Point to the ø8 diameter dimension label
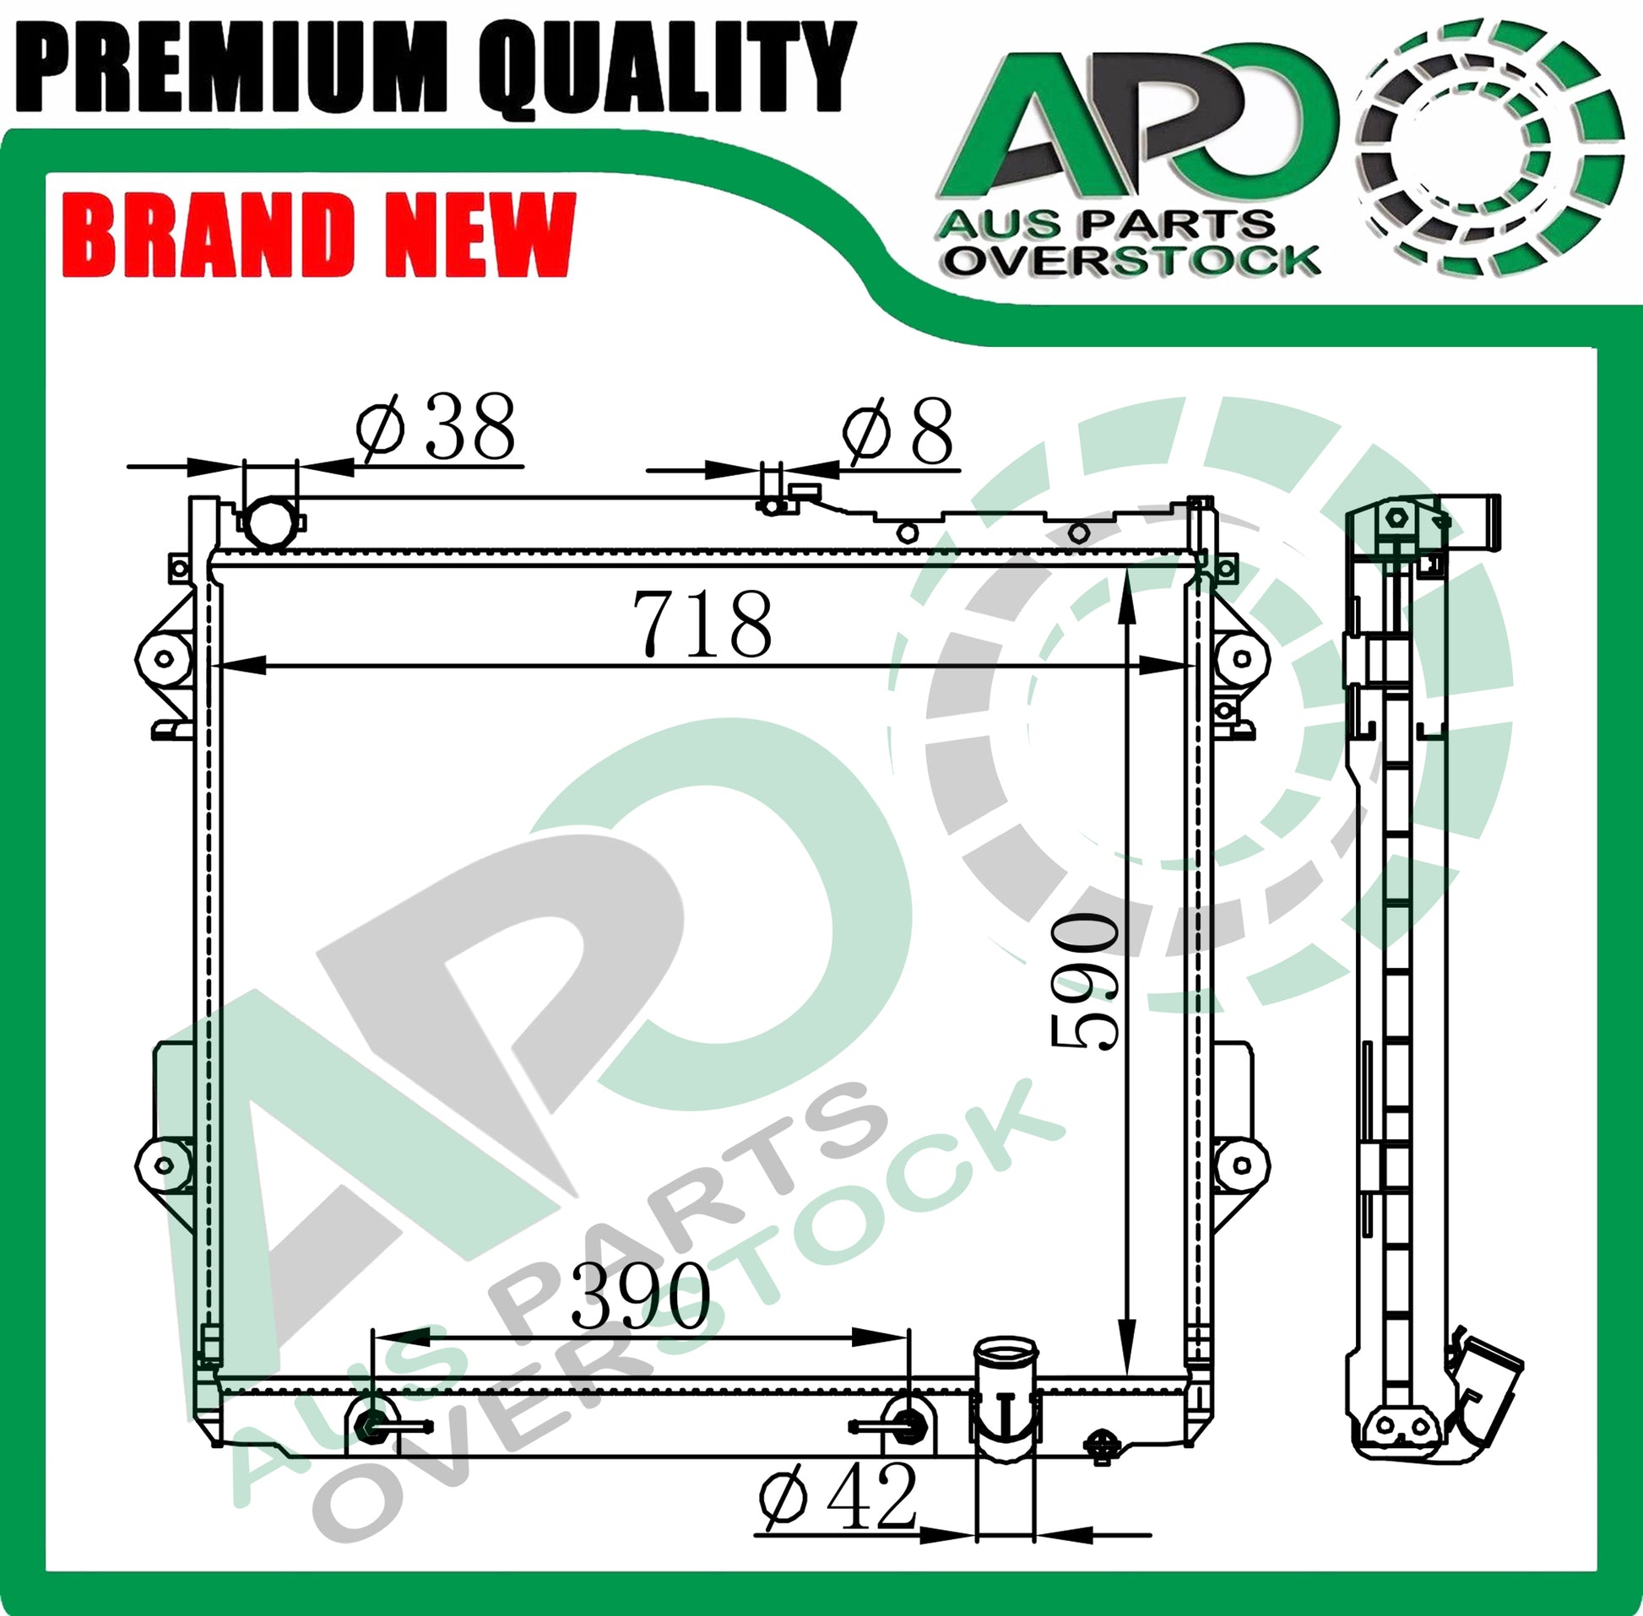897,431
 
